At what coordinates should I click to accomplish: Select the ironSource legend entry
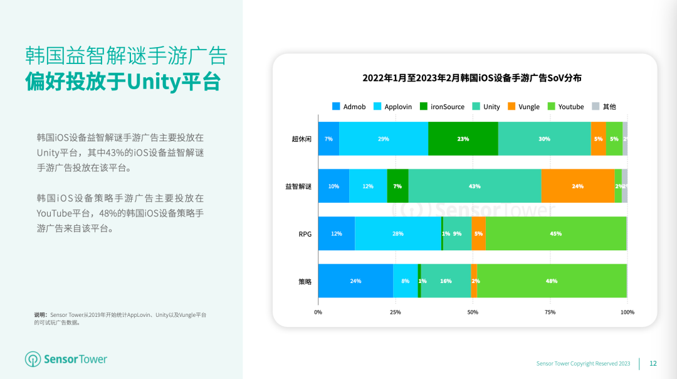(x=442, y=107)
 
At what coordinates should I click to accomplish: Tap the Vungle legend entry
(x=523, y=107)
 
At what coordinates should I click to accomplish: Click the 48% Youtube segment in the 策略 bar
(x=552, y=281)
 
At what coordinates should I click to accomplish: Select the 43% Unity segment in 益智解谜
(x=475, y=186)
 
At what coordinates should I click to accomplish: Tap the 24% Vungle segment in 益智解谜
(x=577, y=186)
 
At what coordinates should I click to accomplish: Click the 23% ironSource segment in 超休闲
(x=463, y=139)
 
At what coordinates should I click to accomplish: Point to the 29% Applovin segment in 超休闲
(x=384, y=139)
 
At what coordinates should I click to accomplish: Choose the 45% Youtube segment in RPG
(x=555, y=233)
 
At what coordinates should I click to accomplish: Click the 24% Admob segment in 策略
(x=355, y=281)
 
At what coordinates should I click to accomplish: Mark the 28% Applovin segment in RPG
(x=398, y=233)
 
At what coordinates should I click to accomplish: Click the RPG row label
(x=305, y=234)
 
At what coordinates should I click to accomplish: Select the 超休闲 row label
(x=302, y=139)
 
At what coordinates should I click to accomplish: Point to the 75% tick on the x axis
(x=550, y=312)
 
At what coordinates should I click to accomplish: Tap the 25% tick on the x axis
(x=396, y=312)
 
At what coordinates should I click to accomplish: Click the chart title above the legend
(x=472, y=78)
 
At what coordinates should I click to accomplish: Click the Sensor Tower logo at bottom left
(x=66, y=360)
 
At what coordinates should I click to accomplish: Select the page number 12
(x=653, y=363)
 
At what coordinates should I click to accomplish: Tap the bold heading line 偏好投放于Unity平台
(x=123, y=82)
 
